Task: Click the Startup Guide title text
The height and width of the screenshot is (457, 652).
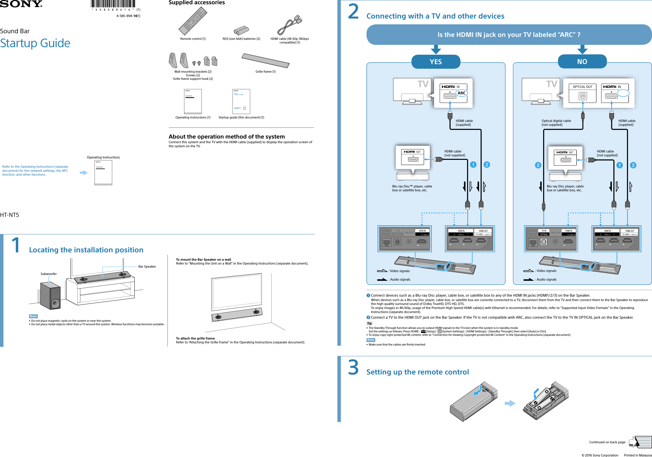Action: [x=35, y=43]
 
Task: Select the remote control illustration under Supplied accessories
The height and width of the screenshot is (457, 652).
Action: [x=193, y=21]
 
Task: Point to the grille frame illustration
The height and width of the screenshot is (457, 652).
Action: [x=266, y=60]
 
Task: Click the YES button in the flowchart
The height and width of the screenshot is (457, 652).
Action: [x=436, y=62]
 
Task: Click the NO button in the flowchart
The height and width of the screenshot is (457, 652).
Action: [x=582, y=62]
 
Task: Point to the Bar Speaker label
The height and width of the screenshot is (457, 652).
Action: [x=147, y=266]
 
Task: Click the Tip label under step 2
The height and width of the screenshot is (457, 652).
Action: [x=369, y=323]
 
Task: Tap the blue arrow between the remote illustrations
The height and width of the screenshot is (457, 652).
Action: [x=510, y=403]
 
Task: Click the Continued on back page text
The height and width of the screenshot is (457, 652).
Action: [x=607, y=442]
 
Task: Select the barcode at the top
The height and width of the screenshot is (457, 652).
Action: [x=113, y=4]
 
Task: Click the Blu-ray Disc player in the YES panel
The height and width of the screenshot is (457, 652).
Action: [x=413, y=176]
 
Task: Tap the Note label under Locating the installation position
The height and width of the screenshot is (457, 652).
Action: [x=33, y=316]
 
